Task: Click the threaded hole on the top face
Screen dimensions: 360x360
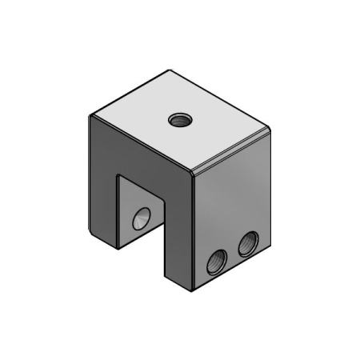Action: coord(178,121)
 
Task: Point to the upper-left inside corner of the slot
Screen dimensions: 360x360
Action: coord(118,177)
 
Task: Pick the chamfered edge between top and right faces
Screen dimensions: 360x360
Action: coord(232,150)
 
